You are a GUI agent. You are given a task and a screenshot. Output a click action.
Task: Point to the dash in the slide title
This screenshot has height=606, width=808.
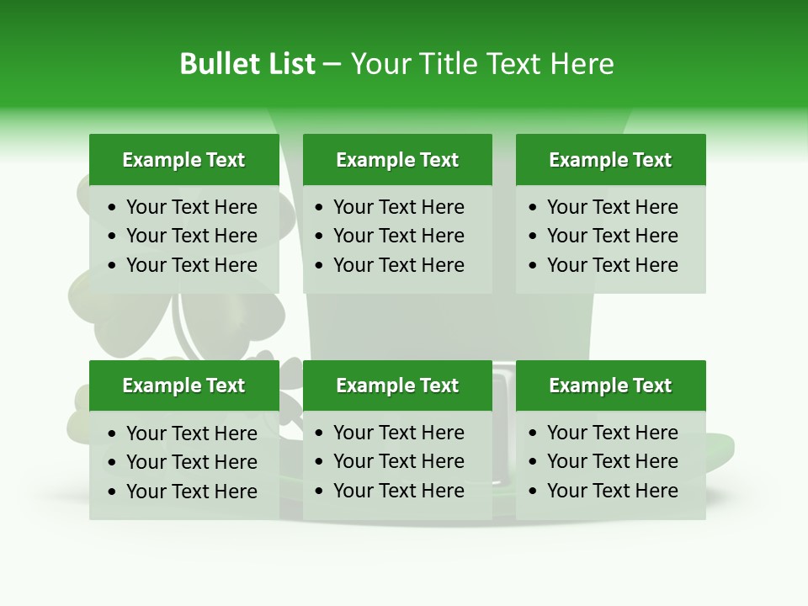[x=332, y=65]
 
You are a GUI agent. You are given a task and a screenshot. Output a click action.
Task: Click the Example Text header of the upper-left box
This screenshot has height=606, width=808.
[x=183, y=160]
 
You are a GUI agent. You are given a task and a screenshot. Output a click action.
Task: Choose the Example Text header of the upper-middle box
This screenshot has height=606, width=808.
[x=397, y=160]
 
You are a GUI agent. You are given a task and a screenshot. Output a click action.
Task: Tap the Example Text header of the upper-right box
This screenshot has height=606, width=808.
[x=610, y=160]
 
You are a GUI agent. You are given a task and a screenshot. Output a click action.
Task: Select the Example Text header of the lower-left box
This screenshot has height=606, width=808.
[x=183, y=385]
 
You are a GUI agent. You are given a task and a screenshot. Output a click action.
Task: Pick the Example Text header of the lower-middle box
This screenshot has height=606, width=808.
[x=397, y=385]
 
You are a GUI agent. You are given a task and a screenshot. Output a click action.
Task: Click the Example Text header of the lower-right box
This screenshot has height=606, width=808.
[x=610, y=385]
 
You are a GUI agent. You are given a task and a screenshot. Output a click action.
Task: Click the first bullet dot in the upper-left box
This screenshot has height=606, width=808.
[x=113, y=208]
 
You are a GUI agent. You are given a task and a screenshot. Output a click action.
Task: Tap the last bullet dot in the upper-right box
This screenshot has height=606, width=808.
[x=534, y=266]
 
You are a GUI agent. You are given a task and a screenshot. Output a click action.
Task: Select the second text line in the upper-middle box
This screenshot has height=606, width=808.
[x=398, y=236]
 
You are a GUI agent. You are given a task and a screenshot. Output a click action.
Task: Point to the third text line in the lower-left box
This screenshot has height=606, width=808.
[x=191, y=492]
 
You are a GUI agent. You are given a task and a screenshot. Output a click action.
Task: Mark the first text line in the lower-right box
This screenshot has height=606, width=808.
[x=612, y=433]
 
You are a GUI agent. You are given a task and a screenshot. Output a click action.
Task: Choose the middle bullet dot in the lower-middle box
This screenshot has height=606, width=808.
[x=320, y=462]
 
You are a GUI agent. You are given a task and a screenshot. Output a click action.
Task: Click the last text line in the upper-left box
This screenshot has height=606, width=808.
[x=191, y=265]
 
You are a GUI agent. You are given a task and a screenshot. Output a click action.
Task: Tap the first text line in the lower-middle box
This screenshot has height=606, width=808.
[x=398, y=433]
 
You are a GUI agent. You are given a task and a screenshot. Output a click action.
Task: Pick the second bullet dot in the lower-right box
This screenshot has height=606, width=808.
[x=534, y=462]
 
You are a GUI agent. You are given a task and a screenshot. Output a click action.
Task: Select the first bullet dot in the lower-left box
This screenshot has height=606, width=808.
[x=113, y=434]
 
